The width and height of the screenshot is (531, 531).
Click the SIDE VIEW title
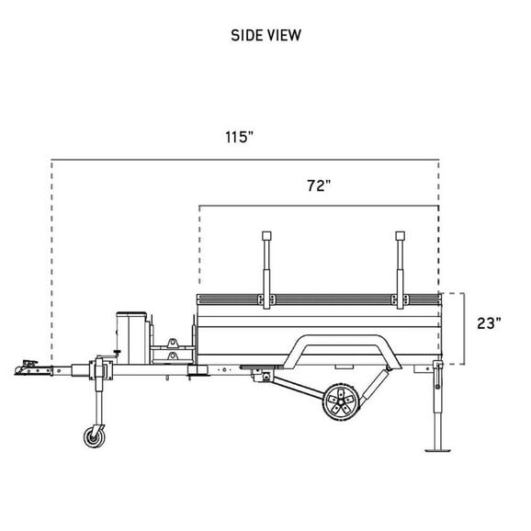[x=265, y=36]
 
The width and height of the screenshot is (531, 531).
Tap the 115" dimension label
[x=239, y=137]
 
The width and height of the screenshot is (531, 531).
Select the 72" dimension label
[x=319, y=186]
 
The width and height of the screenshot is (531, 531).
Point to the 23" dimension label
[x=489, y=323]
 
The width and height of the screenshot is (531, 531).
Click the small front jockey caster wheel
[x=95, y=437]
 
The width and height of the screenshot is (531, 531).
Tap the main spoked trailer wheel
[x=341, y=402]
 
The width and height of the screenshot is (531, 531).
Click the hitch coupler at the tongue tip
[x=33, y=368]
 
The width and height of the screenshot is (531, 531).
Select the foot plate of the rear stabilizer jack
[x=437, y=450]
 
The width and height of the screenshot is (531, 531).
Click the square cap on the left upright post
[x=266, y=236]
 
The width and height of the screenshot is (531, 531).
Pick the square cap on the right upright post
[x=400, y=236]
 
